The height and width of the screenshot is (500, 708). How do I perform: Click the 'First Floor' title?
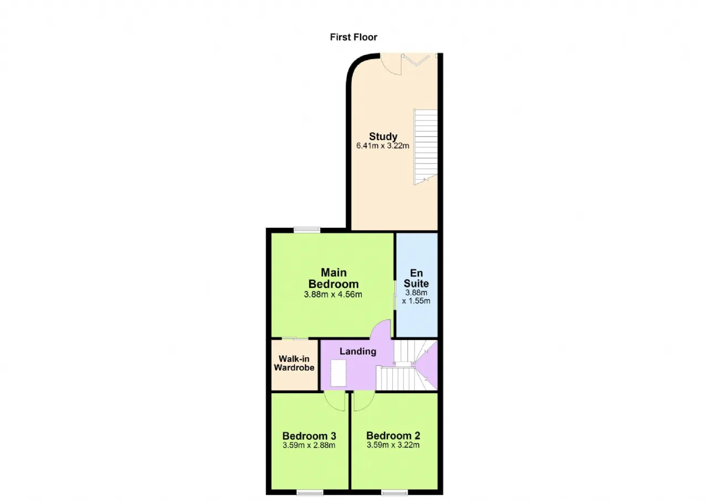(353, 37)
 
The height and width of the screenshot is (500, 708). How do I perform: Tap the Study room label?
(383, 137)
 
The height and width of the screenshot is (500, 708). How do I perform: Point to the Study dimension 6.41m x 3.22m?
(383, 145)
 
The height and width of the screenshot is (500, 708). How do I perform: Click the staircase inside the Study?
(426, 147)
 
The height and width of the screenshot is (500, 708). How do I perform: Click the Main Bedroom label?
(334, 278)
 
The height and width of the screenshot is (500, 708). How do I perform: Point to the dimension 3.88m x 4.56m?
(333, 295)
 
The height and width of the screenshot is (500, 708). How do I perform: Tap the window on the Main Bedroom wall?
(307, 230)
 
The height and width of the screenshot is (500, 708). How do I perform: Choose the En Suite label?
(417, 278)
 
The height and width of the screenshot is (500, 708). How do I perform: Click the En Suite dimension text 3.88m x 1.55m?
(417, 297)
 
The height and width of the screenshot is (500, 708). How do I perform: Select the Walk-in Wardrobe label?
(294, 363)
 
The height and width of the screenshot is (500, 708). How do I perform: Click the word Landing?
(358, 351)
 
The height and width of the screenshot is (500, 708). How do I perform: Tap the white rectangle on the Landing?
(338, 373)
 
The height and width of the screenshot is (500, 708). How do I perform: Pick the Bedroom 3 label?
(309, 436)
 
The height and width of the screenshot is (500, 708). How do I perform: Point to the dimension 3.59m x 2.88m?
(309, 445)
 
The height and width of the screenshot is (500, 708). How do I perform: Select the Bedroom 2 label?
(393, 436)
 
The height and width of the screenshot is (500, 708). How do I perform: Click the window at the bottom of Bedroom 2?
(394, 492)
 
